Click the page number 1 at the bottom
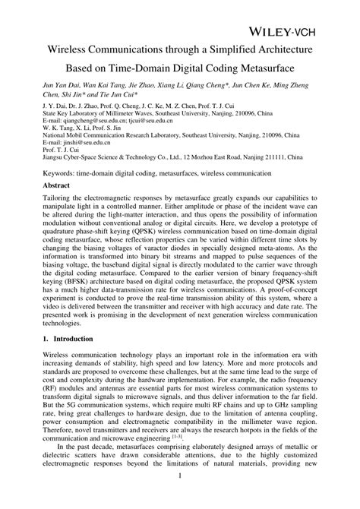[x=180, y=497]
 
